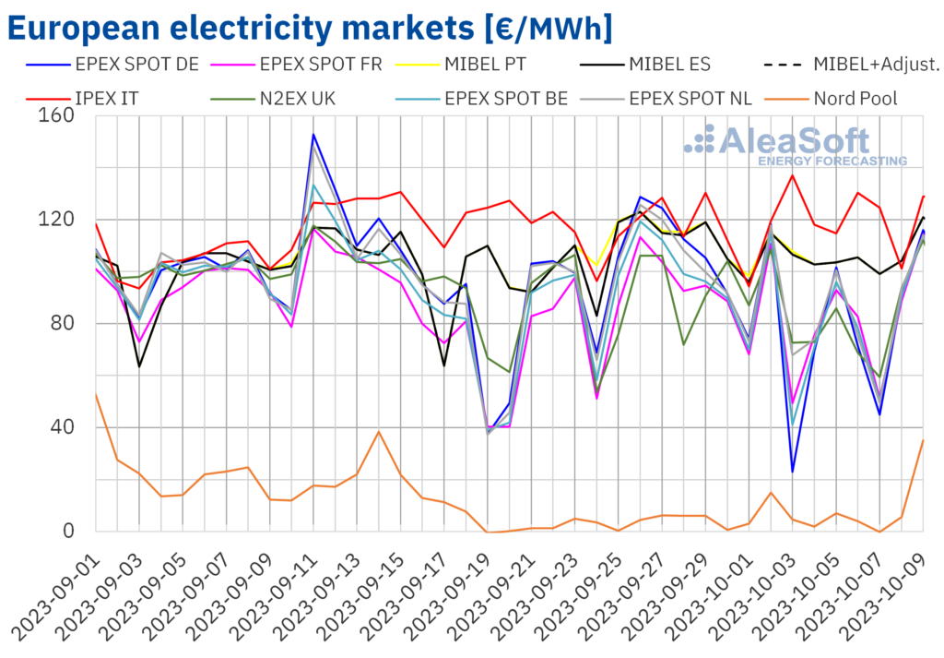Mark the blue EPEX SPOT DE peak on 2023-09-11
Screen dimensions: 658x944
click(x=313, y=135)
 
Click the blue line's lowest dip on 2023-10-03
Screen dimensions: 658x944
click(x=793, y=472)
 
